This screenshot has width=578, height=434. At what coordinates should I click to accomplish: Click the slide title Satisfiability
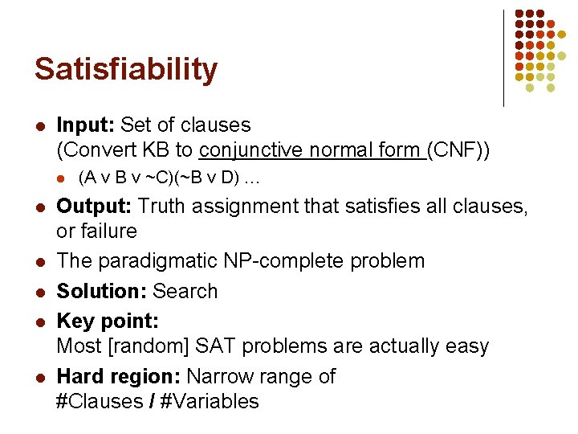(125, 69)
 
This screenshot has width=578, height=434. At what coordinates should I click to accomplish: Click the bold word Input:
(86, 125)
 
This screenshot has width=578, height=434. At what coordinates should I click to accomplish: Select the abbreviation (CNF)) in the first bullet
(459, 150)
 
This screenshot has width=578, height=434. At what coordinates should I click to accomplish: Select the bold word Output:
(94, 206)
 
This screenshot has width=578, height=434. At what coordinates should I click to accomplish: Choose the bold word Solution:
(102, 291)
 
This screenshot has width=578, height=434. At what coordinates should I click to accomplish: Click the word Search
(185, 291)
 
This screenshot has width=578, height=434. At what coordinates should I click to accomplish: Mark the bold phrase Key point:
(108, 321)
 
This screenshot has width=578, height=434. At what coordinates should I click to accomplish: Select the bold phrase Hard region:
(116, 376)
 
